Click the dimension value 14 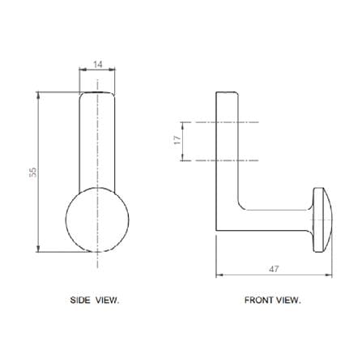point(98,65)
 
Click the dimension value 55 point(32,172)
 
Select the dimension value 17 point(177,140)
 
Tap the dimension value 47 point(274,269)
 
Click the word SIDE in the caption point(80,300)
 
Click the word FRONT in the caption point(259,300)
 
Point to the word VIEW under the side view point(106,300)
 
